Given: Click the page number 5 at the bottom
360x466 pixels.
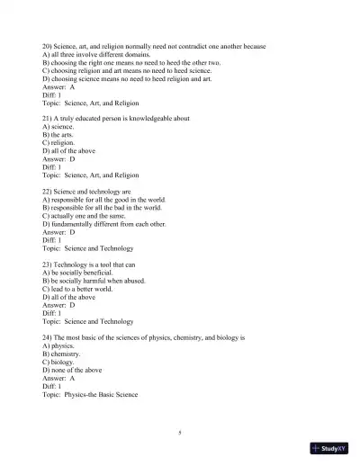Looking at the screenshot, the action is click(x=180, y=432).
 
